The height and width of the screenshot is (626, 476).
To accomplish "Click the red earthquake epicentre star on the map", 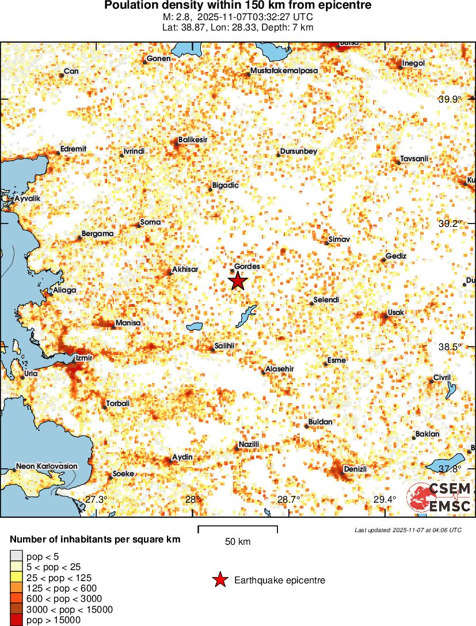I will click(238, 281).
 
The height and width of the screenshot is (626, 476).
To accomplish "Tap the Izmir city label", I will click(84, 358).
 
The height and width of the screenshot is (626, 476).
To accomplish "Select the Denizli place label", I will click(355, 469).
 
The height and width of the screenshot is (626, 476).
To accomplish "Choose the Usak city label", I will click(396, 312).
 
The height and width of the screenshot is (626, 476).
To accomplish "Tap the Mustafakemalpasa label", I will click(284, 71).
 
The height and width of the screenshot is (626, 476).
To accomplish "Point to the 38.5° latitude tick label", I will click(450, 347).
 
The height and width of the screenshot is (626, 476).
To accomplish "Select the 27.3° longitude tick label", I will click(96, 499).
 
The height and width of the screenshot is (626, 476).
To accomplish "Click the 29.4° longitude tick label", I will click(384, 499).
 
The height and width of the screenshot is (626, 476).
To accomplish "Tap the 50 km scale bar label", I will click(237, 541).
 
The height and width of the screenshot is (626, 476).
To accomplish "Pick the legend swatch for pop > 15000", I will click(16, 620).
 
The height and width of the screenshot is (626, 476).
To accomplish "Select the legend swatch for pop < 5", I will click(16, 556).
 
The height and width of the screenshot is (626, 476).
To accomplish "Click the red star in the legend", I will click(220, 581).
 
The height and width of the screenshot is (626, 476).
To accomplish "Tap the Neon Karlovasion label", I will click(46, 466).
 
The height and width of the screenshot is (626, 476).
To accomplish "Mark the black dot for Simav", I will click(326, 243).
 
